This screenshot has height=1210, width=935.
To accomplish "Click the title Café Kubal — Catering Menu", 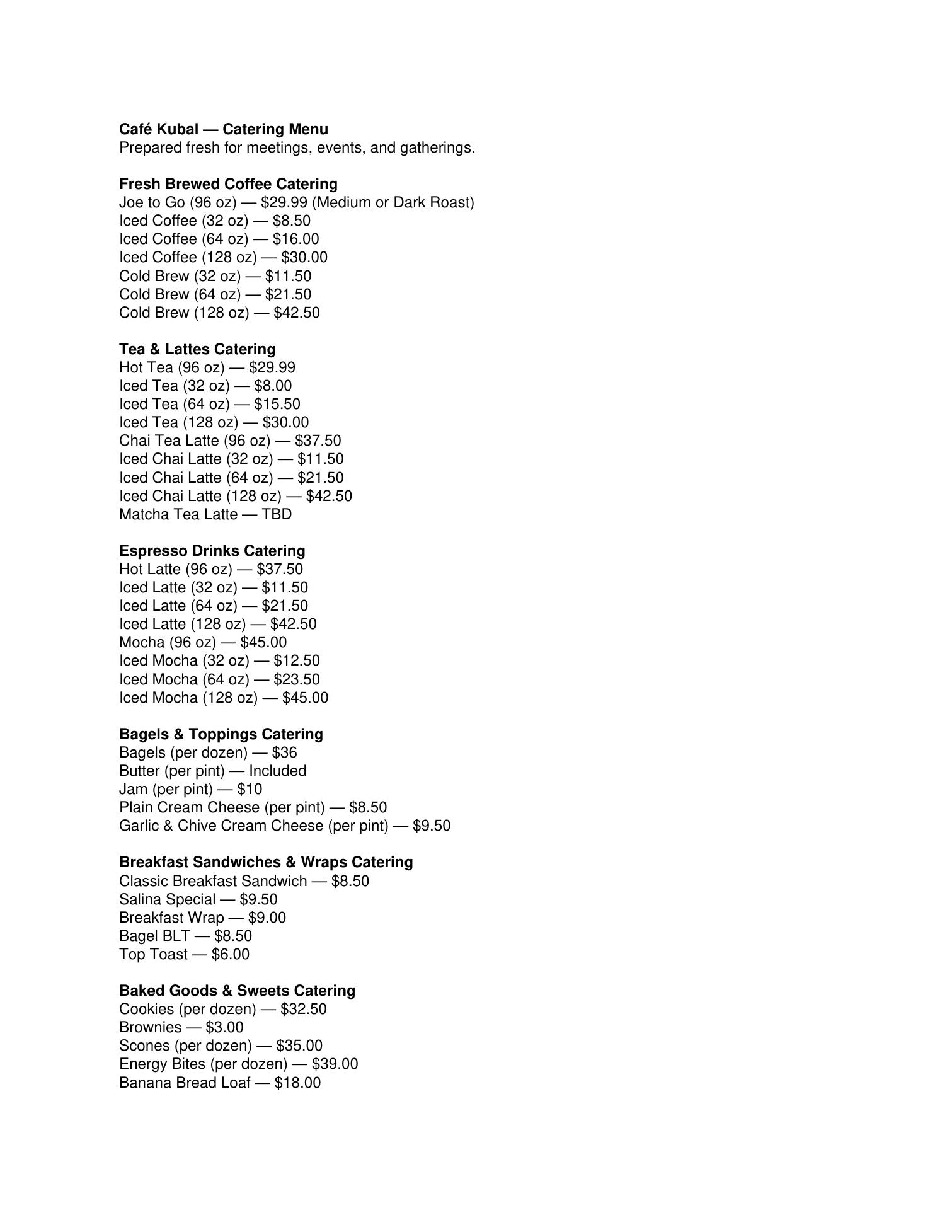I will point(224,129).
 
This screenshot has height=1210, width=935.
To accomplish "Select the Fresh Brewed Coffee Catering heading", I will point(228,184).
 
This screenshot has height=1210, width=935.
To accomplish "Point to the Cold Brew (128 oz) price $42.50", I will point(297,313).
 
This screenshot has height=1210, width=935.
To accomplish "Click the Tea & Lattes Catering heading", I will point(197,349).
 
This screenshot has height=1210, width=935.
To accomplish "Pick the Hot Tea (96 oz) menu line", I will point(207,367).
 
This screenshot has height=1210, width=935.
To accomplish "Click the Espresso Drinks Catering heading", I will point(212,551).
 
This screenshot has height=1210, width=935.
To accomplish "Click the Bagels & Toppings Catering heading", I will point(221,734).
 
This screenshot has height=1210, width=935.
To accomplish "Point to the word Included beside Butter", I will point(278,771).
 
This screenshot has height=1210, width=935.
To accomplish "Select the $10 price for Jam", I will point(250,789).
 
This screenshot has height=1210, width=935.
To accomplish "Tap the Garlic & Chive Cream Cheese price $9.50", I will point(432,826).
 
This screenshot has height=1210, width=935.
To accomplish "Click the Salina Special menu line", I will point(198,899).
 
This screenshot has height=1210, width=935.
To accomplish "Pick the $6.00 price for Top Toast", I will point(231,954).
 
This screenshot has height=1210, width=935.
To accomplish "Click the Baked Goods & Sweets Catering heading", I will point(237,991).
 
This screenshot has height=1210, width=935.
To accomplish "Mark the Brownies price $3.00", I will point(224,1027).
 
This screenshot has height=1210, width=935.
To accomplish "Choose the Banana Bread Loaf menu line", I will point(220,1083).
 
